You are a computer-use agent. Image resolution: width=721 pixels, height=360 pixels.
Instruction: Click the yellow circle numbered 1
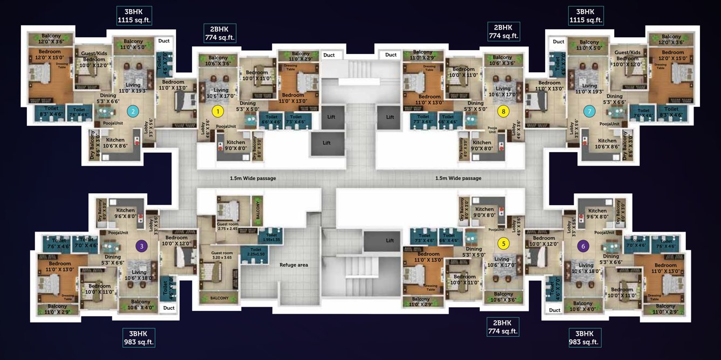[217, 112]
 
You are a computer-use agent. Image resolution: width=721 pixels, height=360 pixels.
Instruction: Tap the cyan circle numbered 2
[132, 112]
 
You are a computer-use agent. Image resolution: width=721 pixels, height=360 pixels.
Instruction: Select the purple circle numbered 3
[141, 246]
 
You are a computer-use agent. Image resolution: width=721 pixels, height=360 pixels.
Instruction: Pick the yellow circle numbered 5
[503, 243]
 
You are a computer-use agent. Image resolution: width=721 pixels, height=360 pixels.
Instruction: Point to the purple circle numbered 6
[583, 246]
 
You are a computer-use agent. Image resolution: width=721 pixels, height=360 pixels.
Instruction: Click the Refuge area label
[294, 265]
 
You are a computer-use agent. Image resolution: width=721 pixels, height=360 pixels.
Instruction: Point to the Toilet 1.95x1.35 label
[271, 237]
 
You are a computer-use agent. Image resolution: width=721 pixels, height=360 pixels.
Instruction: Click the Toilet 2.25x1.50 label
[255, 252]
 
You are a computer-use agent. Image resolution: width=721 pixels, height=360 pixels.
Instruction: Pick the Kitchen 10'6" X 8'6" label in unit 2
[115, 142]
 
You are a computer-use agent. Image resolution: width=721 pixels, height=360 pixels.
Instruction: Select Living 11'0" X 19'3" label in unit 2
[133, 88]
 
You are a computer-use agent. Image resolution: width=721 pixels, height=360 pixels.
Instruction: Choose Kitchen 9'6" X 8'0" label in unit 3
[126, 213]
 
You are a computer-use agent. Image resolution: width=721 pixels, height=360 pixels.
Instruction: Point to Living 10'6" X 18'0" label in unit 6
[586, 268]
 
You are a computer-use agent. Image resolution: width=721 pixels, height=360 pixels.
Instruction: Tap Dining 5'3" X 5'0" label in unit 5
[474, 252]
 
